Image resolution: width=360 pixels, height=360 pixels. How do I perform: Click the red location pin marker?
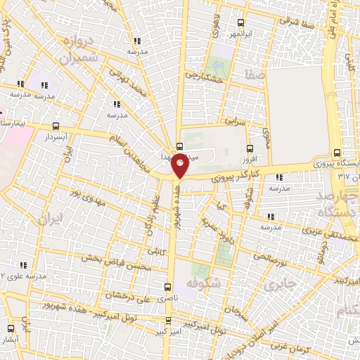pos(180,166)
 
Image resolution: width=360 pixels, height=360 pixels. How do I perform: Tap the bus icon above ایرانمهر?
pos(241,22)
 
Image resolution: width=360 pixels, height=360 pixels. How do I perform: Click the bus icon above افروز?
pos(250,148)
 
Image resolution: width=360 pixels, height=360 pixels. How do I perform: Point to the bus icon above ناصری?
pos(167,286)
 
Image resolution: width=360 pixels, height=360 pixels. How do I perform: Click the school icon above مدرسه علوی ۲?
pos(22,265)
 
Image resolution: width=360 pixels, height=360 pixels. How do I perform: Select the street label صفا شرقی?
pos(295,21)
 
